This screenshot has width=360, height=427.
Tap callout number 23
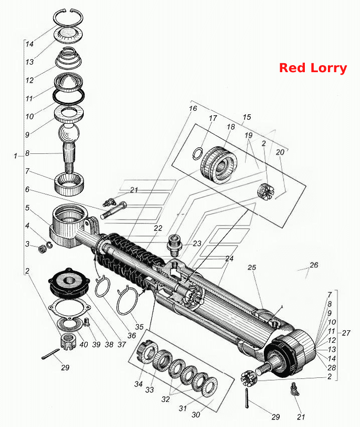197,244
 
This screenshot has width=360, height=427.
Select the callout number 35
139,326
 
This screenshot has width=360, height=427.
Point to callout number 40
84,344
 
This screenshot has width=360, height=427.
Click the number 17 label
213,118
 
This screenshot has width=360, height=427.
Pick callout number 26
314,265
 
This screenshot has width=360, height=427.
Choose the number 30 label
196,415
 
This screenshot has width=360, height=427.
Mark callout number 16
193,108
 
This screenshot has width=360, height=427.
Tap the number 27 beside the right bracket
346,333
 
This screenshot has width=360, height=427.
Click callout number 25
252,267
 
